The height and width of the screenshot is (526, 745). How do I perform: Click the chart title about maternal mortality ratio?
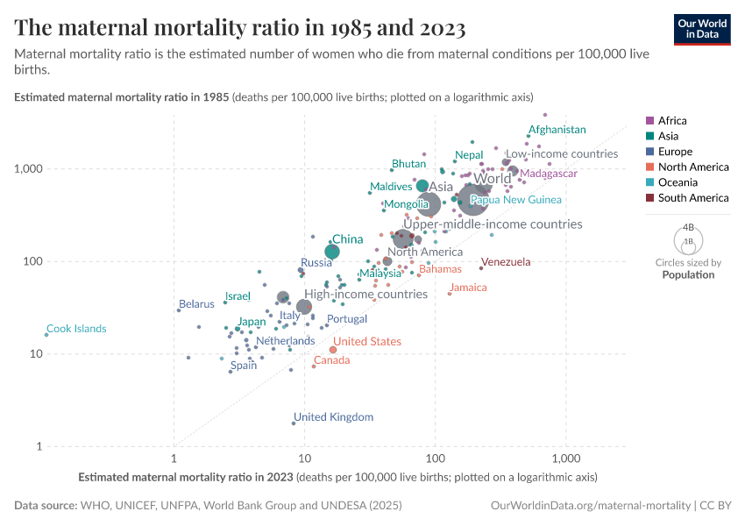(240, 28)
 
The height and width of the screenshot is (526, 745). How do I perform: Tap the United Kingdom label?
(333, 417)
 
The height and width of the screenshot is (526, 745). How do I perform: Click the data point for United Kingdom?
(294, 423)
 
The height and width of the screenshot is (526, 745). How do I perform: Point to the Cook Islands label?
(76, 329)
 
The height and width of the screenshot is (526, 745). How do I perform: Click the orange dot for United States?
(333, 350)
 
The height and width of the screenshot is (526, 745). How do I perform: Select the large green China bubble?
(332, 252)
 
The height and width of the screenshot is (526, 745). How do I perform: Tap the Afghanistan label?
(556, 129)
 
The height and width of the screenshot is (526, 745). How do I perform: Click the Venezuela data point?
(481, 267)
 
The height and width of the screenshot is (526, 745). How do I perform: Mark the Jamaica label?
(468, 288)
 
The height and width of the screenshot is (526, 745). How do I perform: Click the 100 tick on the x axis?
(435, 459)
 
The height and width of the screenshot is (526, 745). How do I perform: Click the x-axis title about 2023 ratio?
(337, 478)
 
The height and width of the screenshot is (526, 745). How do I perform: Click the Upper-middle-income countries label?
(492, 224)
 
